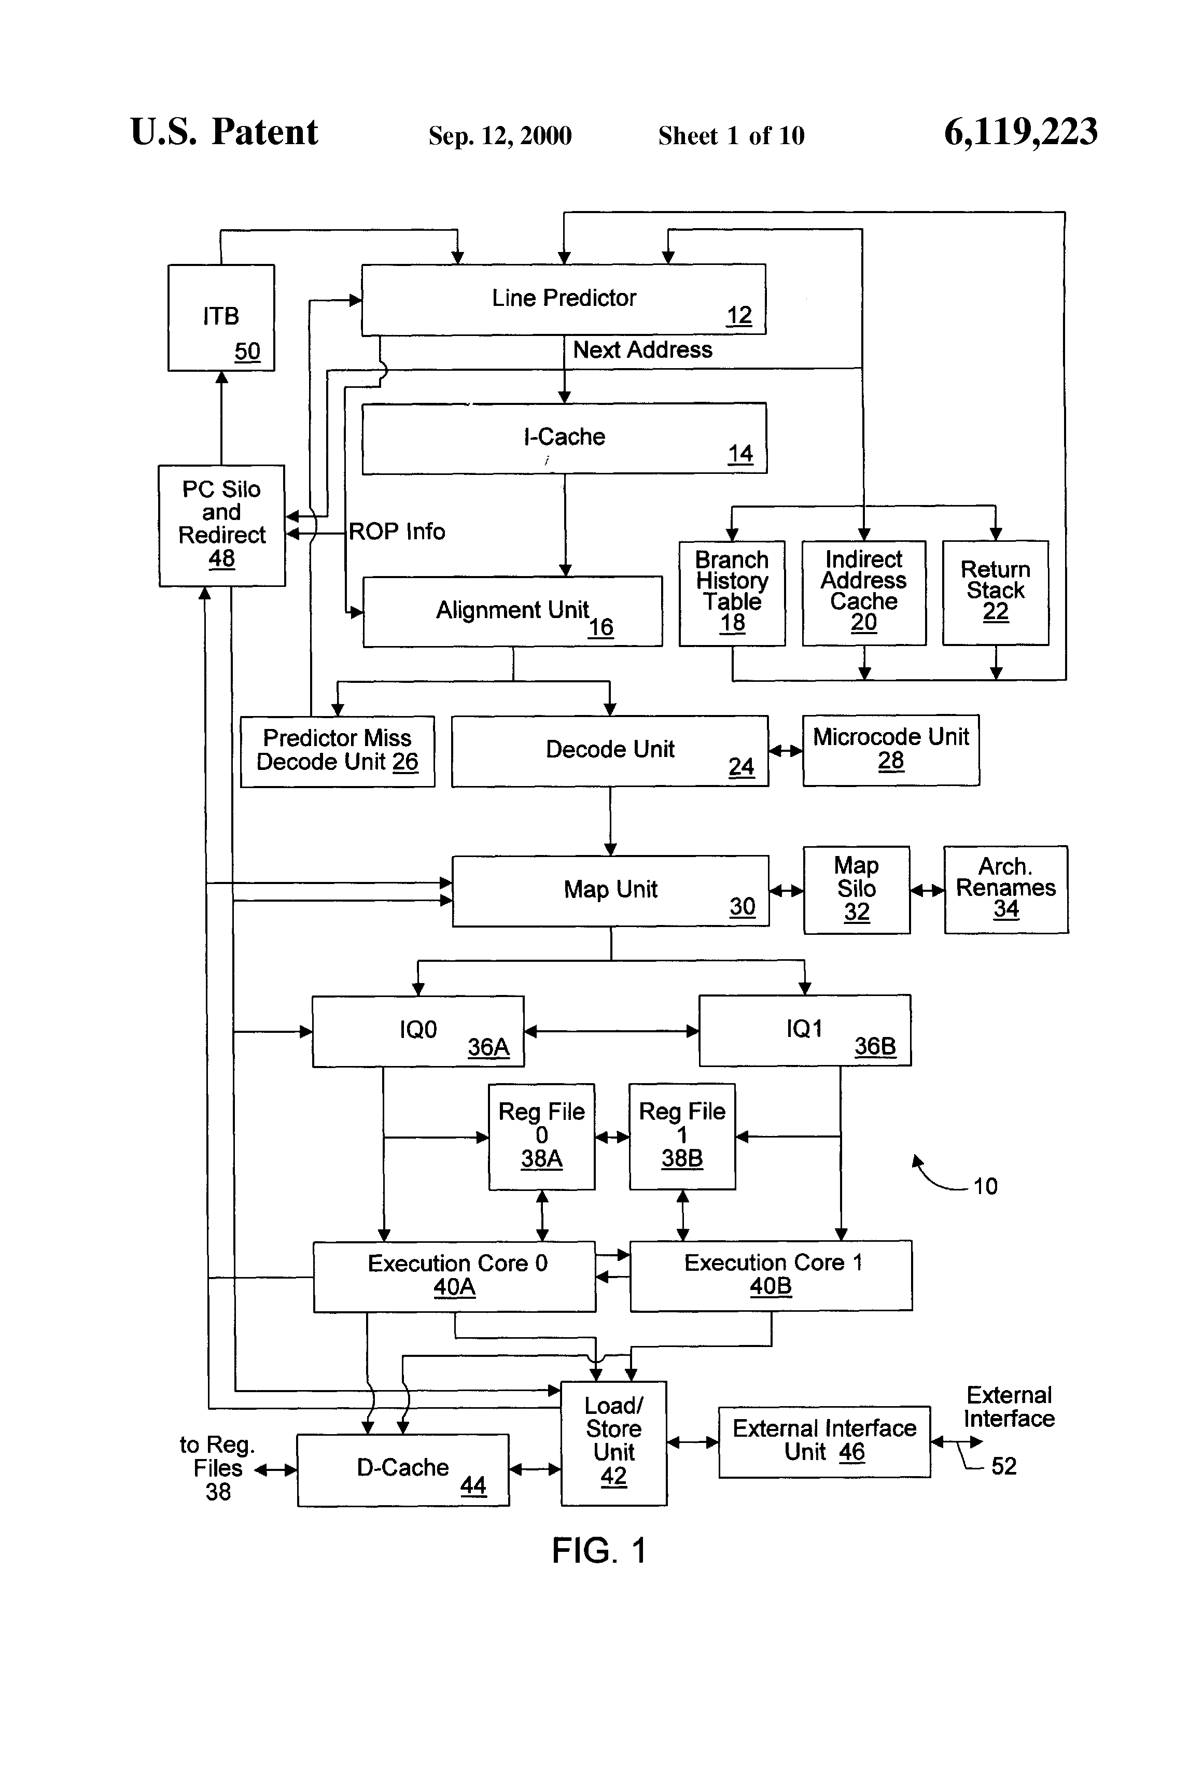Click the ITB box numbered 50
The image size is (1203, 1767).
pos(220,317)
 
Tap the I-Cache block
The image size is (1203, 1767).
pos(564,438)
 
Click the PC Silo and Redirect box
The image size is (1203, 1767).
pos(221,525)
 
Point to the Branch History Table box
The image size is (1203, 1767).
pos(732,593)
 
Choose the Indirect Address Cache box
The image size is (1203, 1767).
pos(864,593)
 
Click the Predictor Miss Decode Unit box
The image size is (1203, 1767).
pos(337,751)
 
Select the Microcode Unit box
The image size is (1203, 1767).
pos(890,750)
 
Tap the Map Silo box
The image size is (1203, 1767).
pos(856,890)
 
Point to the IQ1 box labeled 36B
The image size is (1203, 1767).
pos(805,1031)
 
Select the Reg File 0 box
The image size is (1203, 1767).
pos(541,1136)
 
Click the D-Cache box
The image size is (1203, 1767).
pos(402,1470)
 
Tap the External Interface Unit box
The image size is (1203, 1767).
pos(824,1441)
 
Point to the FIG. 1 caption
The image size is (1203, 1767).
pos(599,1550)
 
